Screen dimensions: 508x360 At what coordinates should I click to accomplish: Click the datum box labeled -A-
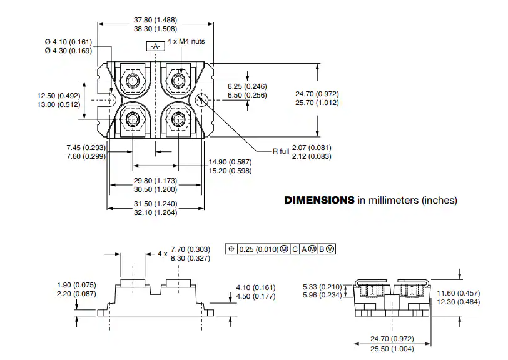click(x=156, y=46)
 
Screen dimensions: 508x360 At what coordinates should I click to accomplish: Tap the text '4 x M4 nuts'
click(x=186, y=41)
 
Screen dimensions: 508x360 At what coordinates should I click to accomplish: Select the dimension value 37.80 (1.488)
click(x=156, y=20)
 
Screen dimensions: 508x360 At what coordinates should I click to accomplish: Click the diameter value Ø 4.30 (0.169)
click(x=68, y=51)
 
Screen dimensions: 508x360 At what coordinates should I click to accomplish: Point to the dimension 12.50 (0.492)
click(x=59, y=96)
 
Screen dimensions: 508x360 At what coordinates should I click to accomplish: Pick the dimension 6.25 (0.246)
click(x=247, y=86)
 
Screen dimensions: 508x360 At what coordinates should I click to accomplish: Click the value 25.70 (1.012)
click(x=317, y=102)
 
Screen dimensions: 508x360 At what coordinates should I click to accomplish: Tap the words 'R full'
click(x=280, y=151)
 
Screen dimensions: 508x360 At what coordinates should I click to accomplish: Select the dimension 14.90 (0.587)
click(x=230, y=162)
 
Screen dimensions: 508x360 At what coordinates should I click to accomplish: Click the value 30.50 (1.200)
click(x=156, y=189)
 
